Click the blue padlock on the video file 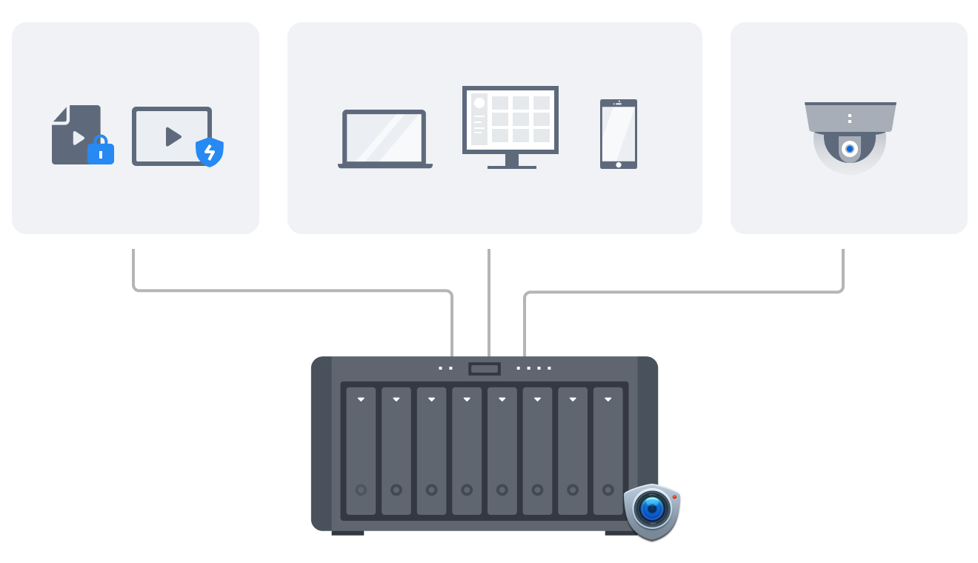[x=101, y=152]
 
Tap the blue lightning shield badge [x=209, y=152]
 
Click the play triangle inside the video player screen [x=173, y=136]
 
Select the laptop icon [x=385, y=139]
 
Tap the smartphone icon [x=619, y=134]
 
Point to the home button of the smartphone [x=619, y=164]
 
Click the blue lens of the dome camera [x=850, y=149]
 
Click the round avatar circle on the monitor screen [x=479, y=103]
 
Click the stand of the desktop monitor [x=511, y=161]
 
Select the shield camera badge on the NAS [x=652, y=510]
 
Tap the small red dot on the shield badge [x=674, y=496]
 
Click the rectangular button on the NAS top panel [x=485, y=368]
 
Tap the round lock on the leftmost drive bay [x=361, y=490]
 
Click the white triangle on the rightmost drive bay [x=608, y=399]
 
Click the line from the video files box [x=296, y=290]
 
